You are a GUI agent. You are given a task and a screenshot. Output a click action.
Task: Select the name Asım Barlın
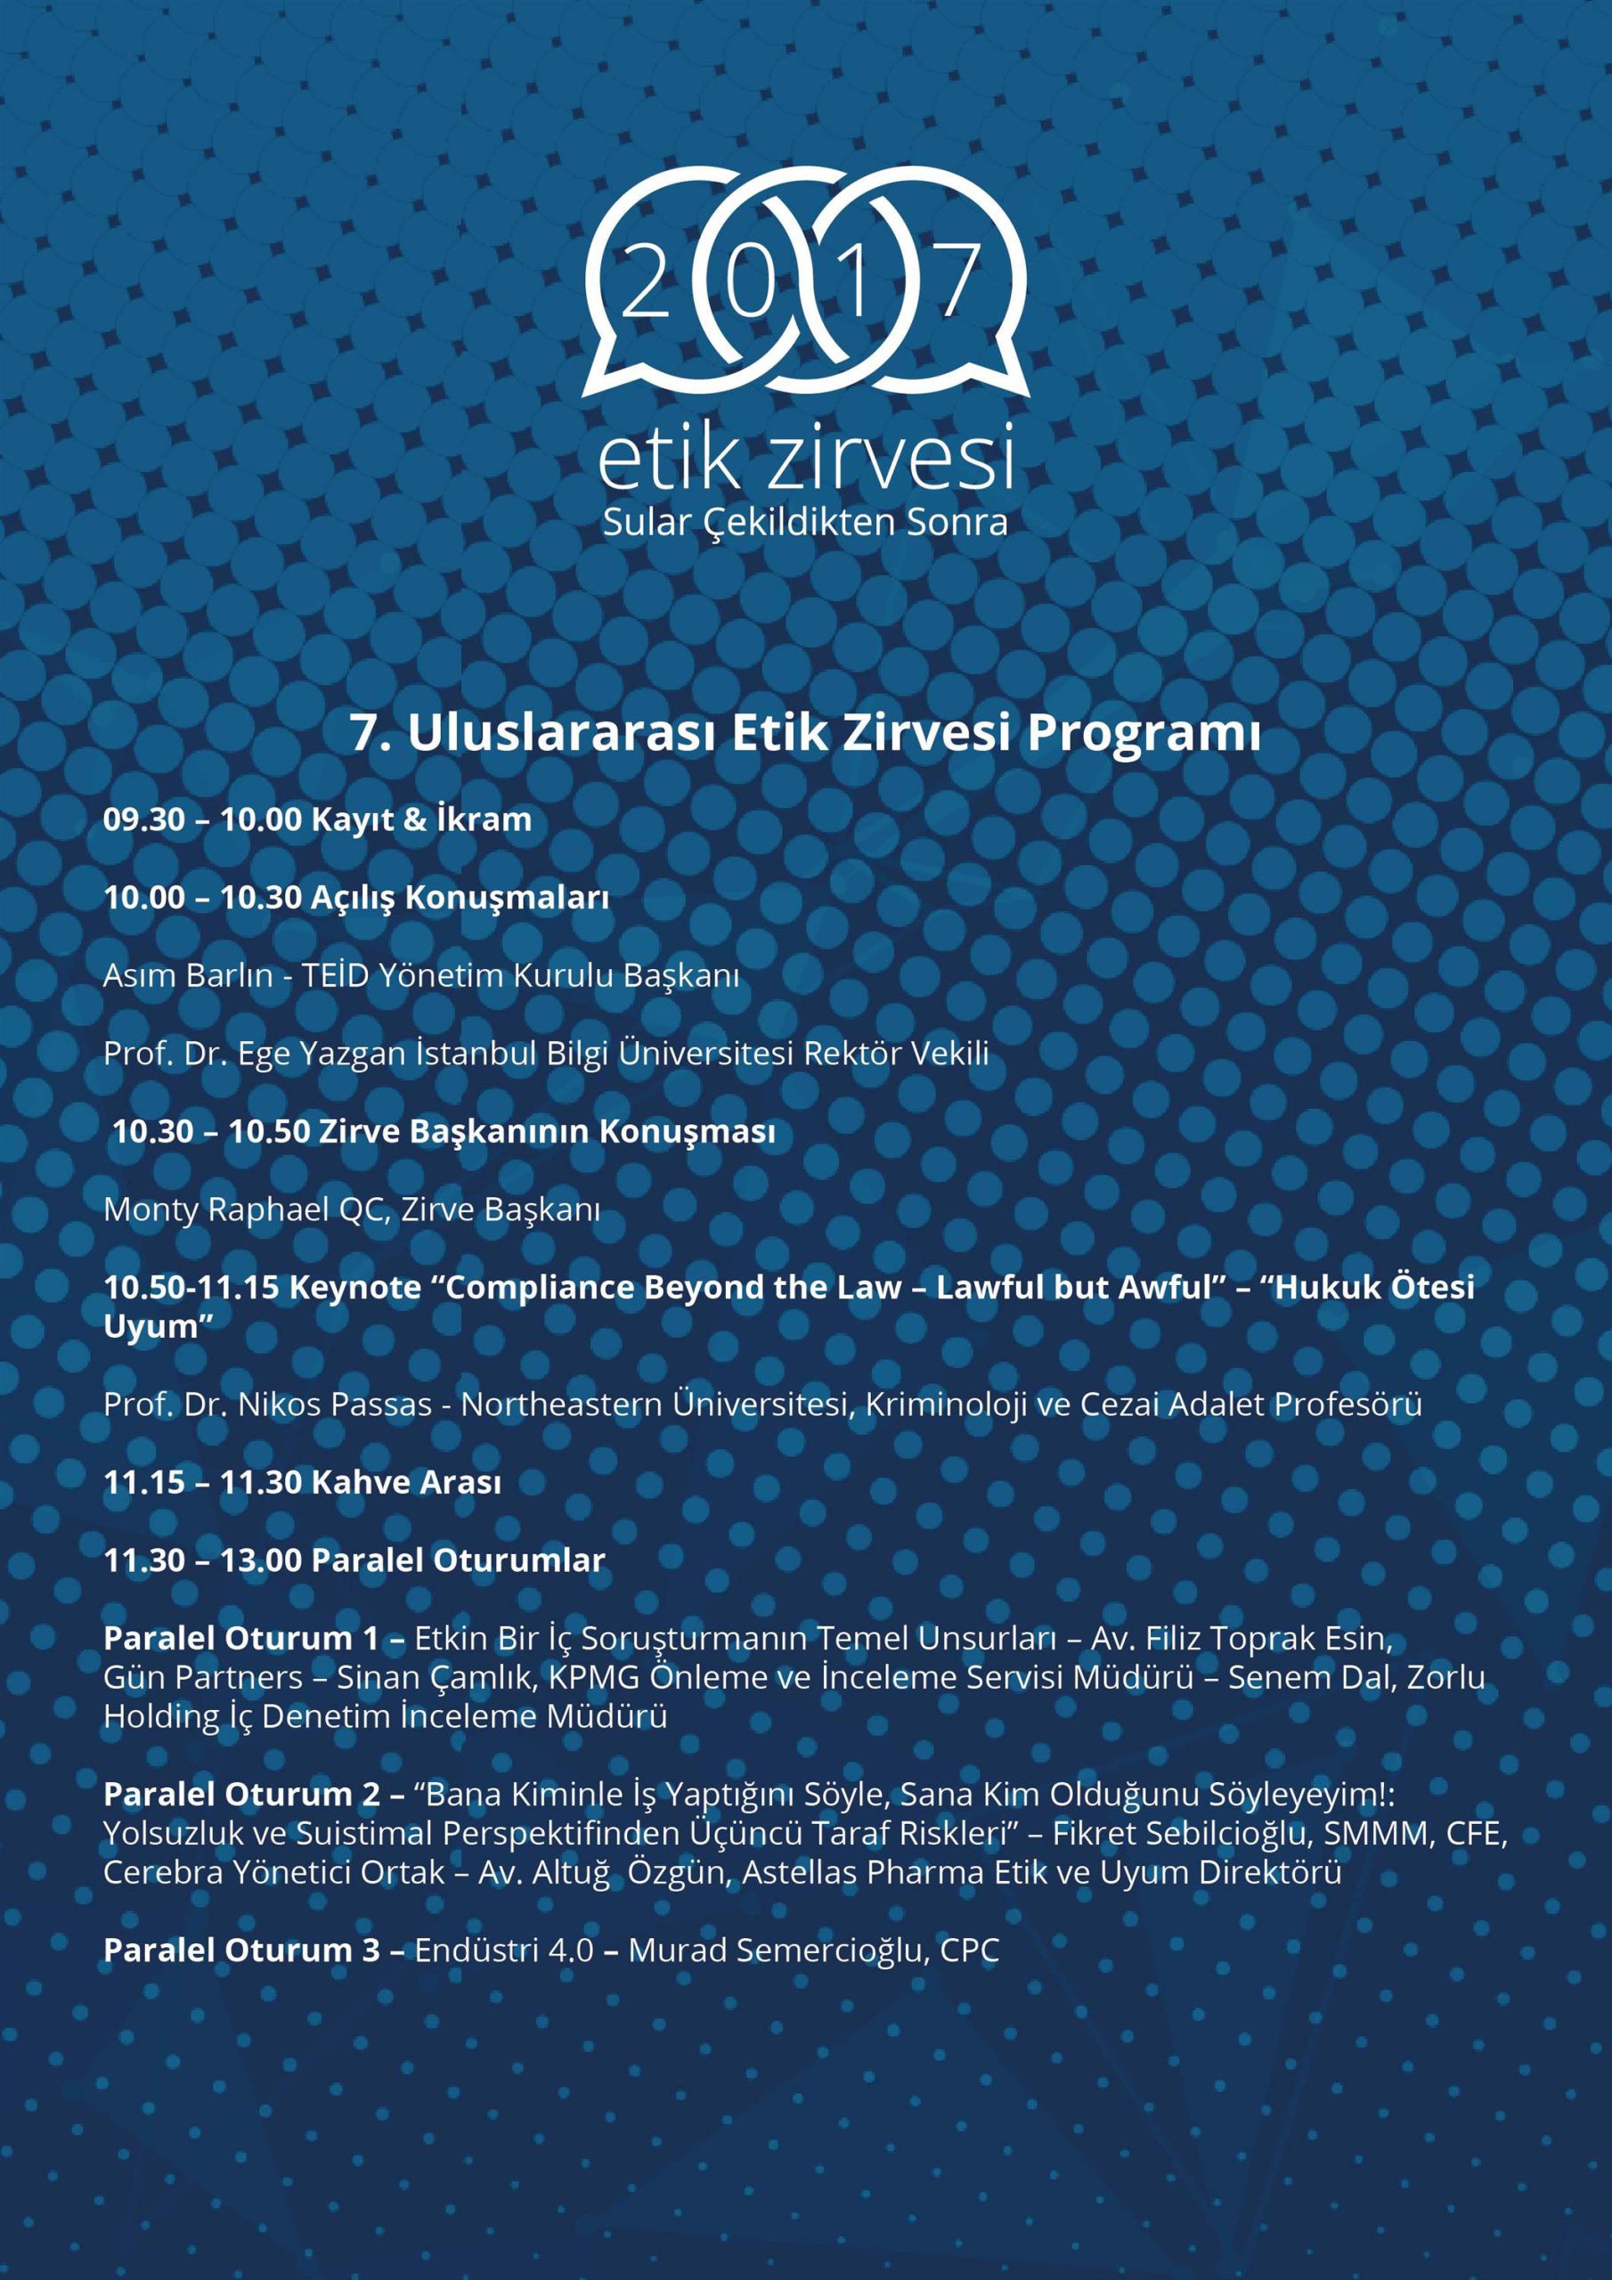point(188,975)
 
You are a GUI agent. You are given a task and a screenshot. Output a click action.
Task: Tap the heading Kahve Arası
point(406,1482)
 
